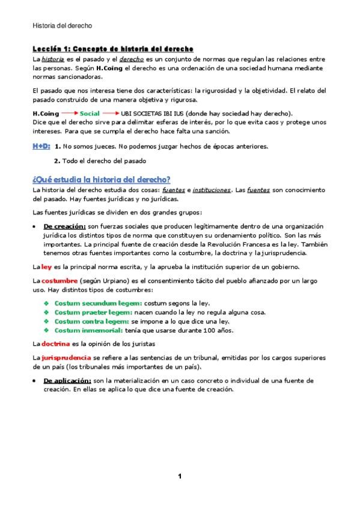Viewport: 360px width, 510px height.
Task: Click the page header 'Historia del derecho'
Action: [x=62, y=26]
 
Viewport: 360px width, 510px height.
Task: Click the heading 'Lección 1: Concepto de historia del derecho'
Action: [x=112, y=48]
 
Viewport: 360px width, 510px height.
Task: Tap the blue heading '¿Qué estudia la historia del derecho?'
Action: [x=101, y=179]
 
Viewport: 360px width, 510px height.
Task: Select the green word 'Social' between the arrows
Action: [x=90, y=114]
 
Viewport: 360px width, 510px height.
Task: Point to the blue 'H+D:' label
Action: [x=41, y=146]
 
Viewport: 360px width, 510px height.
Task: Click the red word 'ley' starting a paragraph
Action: [x=46, y=266]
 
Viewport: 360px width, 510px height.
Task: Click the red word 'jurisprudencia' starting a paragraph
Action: [x=66, y=357]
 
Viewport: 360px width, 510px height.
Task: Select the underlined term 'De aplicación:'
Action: [x=67, y=381]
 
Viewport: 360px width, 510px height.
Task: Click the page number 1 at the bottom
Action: [x=179, y=476]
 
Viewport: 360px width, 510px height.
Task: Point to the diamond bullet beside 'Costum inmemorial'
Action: [x=46, y=330]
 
